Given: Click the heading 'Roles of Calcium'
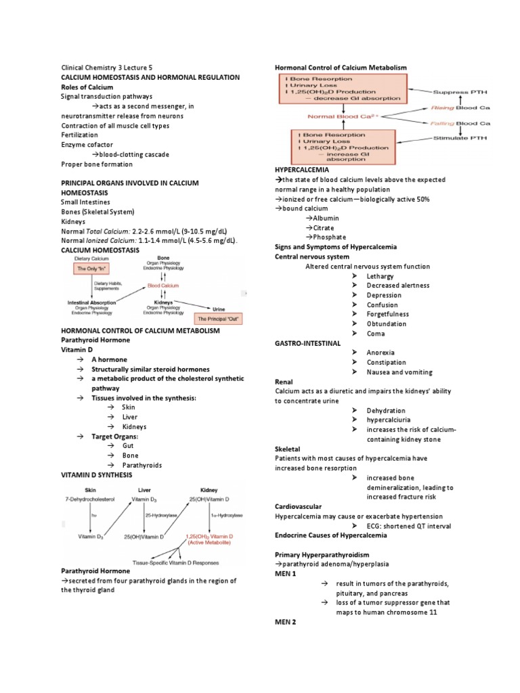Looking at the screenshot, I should [x=88, y=87].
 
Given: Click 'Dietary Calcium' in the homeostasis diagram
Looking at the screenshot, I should [x=89, y=258].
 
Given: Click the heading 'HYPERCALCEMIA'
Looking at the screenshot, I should [x=301, y=169].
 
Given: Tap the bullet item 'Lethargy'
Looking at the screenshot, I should [x=380, y=276].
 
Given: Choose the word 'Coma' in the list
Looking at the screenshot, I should [x=375, y=334].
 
